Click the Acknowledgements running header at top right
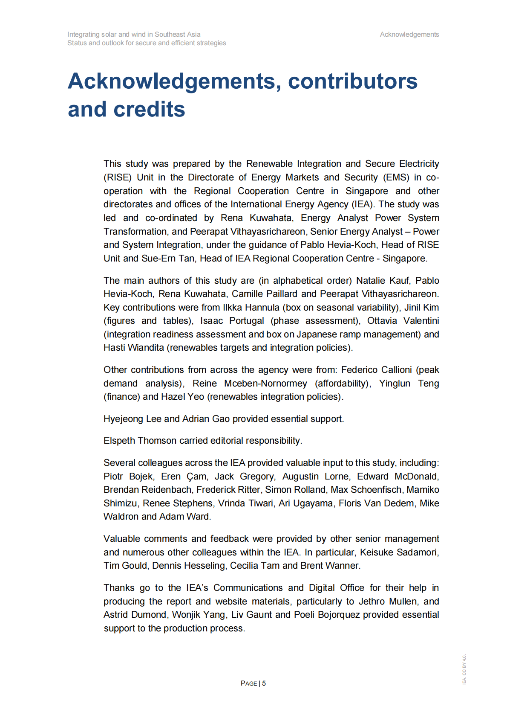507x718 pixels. (409, 35)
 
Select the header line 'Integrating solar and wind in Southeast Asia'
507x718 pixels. (134, 35)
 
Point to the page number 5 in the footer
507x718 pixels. (264, 683)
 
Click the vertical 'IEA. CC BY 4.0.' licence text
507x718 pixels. (464, 669)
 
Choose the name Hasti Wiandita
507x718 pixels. (133, 348)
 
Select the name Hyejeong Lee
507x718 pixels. (132, 419)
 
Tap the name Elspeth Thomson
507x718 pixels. (140, 441)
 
